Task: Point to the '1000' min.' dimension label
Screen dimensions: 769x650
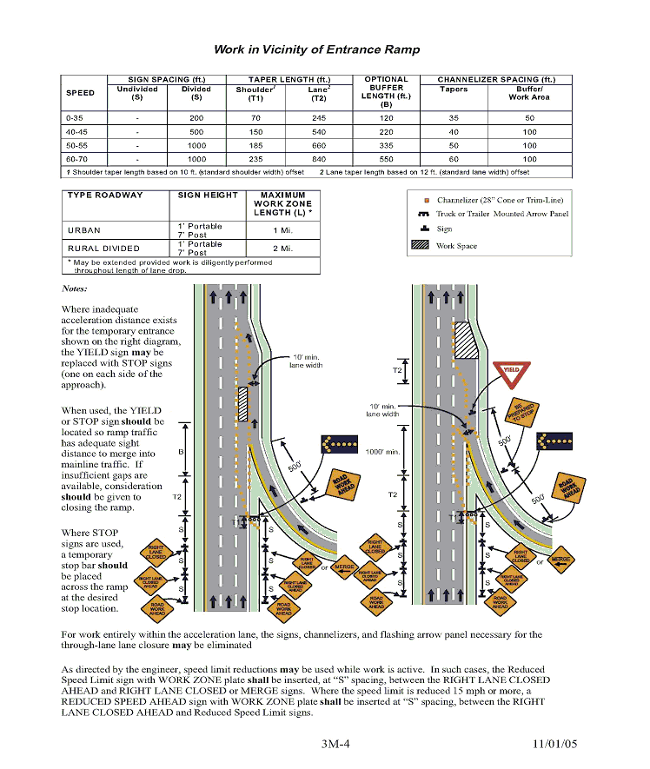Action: tap(382, 452)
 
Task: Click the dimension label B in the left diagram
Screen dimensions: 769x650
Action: tap(181, 453)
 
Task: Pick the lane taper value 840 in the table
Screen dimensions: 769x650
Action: tap(318, 160)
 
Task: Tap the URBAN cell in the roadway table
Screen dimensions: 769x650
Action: tap(84, 230)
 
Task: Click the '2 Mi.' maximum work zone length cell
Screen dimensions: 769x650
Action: tap(282, 248)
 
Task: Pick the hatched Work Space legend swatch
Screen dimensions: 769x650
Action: tap(421, 246)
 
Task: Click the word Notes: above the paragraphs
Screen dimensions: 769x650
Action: tap(75, 288)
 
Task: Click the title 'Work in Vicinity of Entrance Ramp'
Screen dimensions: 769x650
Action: tap(316, 50)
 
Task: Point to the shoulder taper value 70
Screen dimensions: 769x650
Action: tap(255, 117)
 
